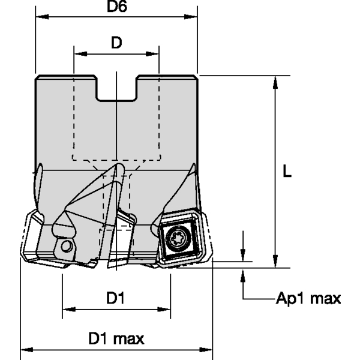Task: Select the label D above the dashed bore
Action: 116,43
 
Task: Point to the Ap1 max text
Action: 308,298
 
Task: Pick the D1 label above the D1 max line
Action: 115,298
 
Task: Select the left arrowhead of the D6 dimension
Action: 40,17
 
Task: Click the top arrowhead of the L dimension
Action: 275,81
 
